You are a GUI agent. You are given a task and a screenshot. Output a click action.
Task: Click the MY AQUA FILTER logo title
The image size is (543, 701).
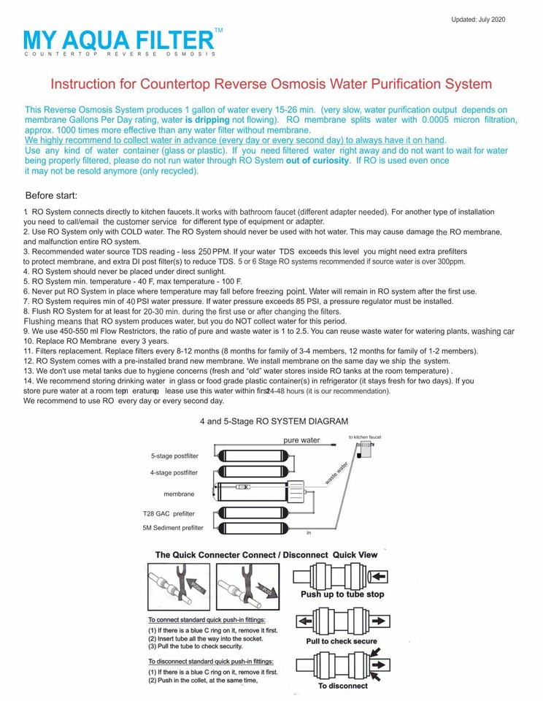[120, 39]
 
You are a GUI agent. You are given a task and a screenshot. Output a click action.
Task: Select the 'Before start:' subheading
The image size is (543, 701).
[56, 196]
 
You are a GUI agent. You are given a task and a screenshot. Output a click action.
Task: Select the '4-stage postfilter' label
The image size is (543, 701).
[174, 472]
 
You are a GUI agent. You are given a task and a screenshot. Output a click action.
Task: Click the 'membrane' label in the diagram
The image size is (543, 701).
[179, 494]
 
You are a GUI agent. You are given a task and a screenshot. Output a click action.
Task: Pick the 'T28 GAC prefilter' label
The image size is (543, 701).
[169, 513]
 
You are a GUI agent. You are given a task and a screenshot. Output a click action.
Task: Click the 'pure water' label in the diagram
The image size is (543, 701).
[301, 440]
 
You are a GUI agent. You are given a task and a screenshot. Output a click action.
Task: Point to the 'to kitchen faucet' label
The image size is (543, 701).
[364, 437]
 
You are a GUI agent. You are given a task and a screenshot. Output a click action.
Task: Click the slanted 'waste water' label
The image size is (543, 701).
[336, 473]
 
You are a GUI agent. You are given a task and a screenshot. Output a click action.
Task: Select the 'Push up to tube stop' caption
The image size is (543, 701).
[342, 594]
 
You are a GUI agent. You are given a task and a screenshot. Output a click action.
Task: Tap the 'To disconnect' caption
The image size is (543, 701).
[342, 686]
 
